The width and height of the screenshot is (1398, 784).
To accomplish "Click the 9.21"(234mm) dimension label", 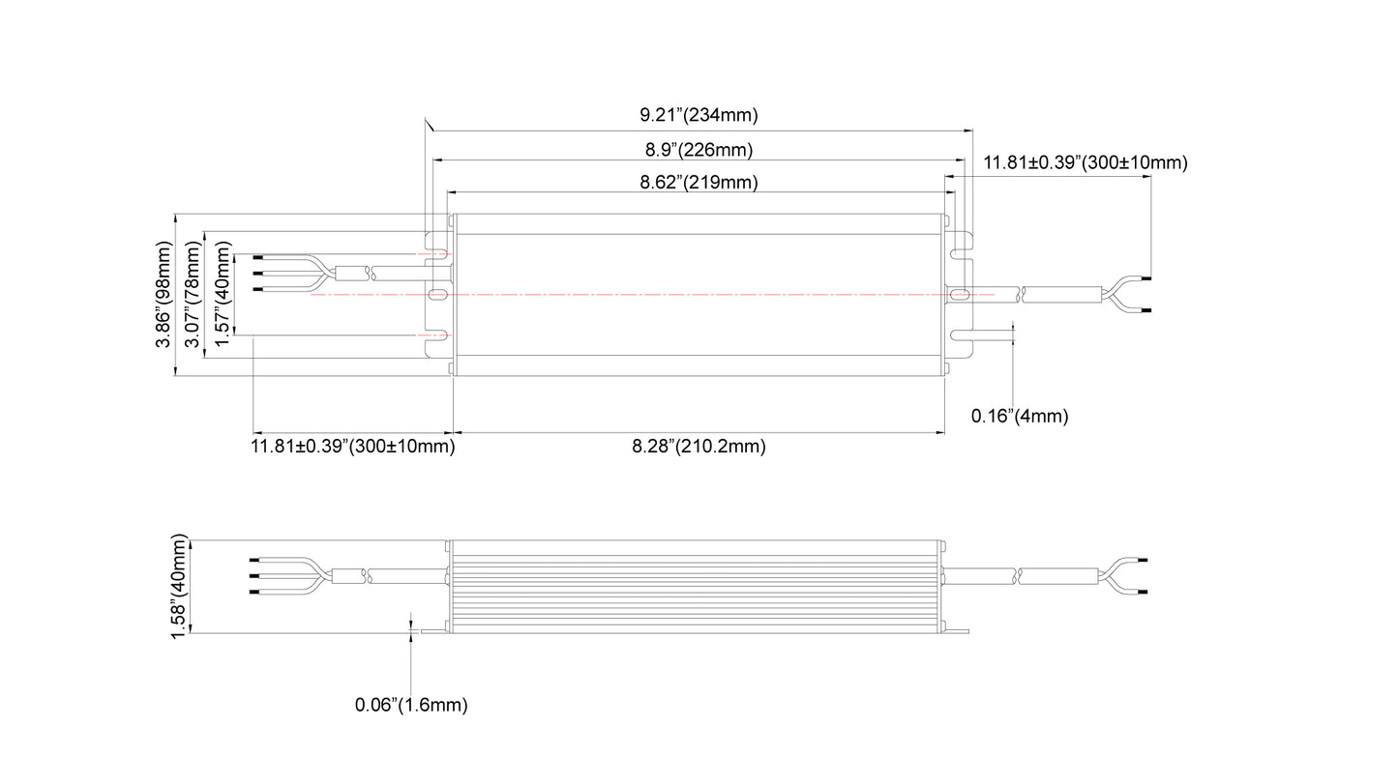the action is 699,115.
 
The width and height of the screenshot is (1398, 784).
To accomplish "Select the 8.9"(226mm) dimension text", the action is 699,150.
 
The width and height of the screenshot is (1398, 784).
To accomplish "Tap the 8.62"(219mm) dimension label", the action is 699,183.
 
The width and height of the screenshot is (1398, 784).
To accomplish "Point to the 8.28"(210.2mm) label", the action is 699,447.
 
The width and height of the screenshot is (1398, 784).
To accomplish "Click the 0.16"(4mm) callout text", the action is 1019,416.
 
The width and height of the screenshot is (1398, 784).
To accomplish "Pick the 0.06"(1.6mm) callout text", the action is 410,705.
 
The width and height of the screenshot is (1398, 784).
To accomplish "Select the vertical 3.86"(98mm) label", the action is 163,294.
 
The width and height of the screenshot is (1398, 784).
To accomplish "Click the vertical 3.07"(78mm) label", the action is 193,294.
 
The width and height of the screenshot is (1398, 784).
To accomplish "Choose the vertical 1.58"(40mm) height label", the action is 178,586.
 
